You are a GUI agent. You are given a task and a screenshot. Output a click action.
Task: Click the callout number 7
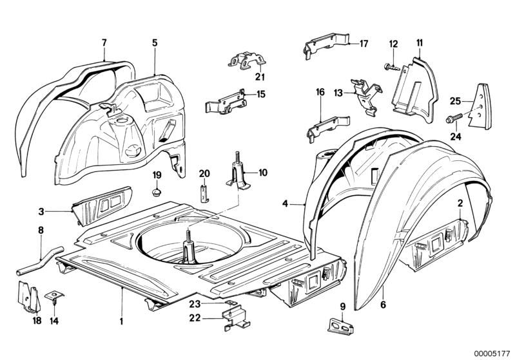104,43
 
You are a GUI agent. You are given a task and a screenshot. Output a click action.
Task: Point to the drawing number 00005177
491,352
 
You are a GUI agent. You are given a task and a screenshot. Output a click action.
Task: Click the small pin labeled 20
204,191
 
